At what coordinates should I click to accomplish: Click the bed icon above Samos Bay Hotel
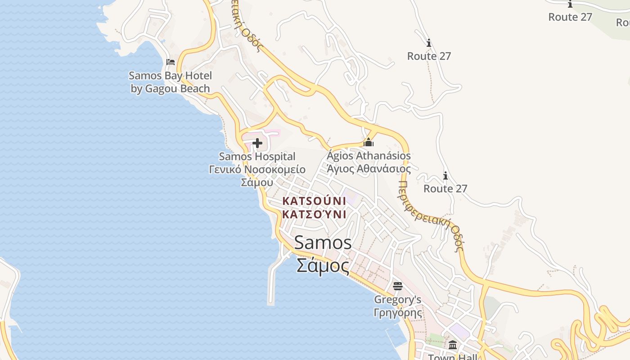point(171,62)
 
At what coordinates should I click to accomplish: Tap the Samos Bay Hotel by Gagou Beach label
point(171,82)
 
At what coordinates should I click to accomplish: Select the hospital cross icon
point(257,144)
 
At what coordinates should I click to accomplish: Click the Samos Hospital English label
point(257,157)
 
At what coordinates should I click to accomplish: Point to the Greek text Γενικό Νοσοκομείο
point(257,170)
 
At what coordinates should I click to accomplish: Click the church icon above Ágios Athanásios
point(369,143)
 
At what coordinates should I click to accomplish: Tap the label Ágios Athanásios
point(369,156)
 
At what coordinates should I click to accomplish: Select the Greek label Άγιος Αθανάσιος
point(369,169)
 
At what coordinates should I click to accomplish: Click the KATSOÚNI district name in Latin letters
point(314,201)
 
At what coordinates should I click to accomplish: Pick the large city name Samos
point(323,243)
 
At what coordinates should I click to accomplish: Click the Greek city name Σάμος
point(323,265)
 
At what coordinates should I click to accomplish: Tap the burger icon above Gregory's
point(397,286)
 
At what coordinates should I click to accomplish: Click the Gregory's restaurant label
point(397,299)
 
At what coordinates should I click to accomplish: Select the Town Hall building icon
point(453,345)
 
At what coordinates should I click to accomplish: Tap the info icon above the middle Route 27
point(428,43)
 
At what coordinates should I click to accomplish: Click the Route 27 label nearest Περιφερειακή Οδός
point(445,189)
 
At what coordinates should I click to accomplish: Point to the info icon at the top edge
point(570,4)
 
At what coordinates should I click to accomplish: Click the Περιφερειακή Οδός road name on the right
point(432,216)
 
